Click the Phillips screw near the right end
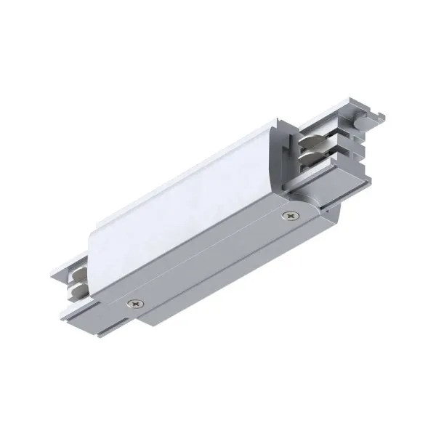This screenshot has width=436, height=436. click(x=290, y=215)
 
